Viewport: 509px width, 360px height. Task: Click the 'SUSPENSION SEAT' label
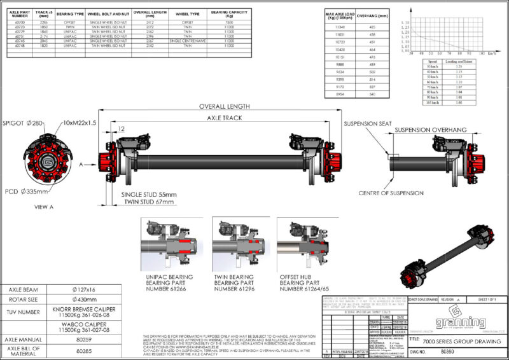(x=367, y=124)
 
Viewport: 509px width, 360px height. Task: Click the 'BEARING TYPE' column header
(x=71, y=13)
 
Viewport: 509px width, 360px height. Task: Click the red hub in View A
(x=48, y=160)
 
